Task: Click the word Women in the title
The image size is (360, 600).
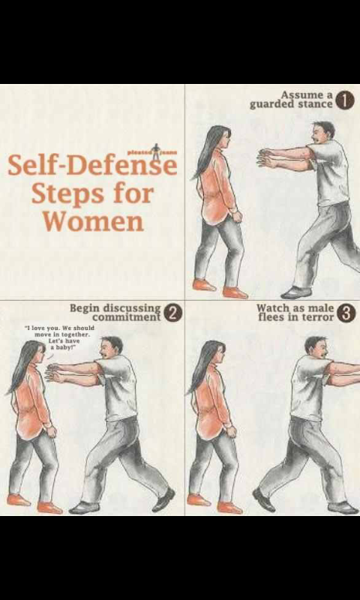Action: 92,221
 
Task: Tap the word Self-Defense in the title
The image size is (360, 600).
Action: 92,165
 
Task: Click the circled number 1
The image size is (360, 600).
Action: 344,102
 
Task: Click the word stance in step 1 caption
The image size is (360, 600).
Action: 314,104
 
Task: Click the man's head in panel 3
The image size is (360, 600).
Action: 316,348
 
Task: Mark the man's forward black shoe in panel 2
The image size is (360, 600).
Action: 83,508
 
